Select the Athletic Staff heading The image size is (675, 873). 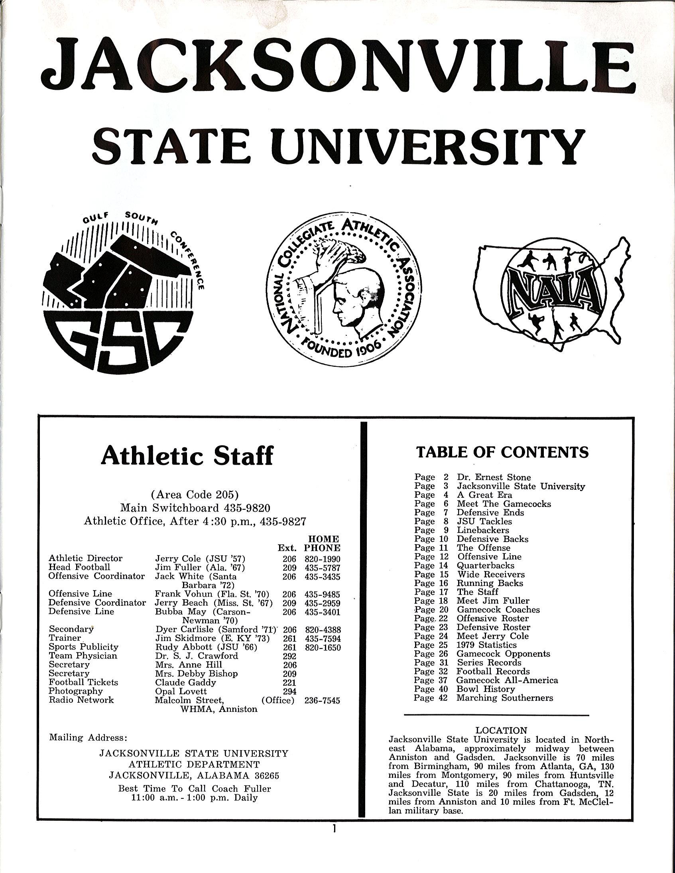click(x=187, y=456)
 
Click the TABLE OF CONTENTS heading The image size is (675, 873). click(x=502, y=452)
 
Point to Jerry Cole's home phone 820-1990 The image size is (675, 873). click(x=322, y=559)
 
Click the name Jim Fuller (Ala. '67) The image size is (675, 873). click(x=200, y=568)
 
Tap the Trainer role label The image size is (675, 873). click(x=65, y=638)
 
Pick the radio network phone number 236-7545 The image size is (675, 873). click(x=322, y=700)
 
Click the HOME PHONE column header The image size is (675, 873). click(x=322, y=544)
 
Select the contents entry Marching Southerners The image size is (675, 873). click(x=505, y=698)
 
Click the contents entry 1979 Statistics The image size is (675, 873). click(x=486, y=645)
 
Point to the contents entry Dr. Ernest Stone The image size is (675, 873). click(x=494, y=477)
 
